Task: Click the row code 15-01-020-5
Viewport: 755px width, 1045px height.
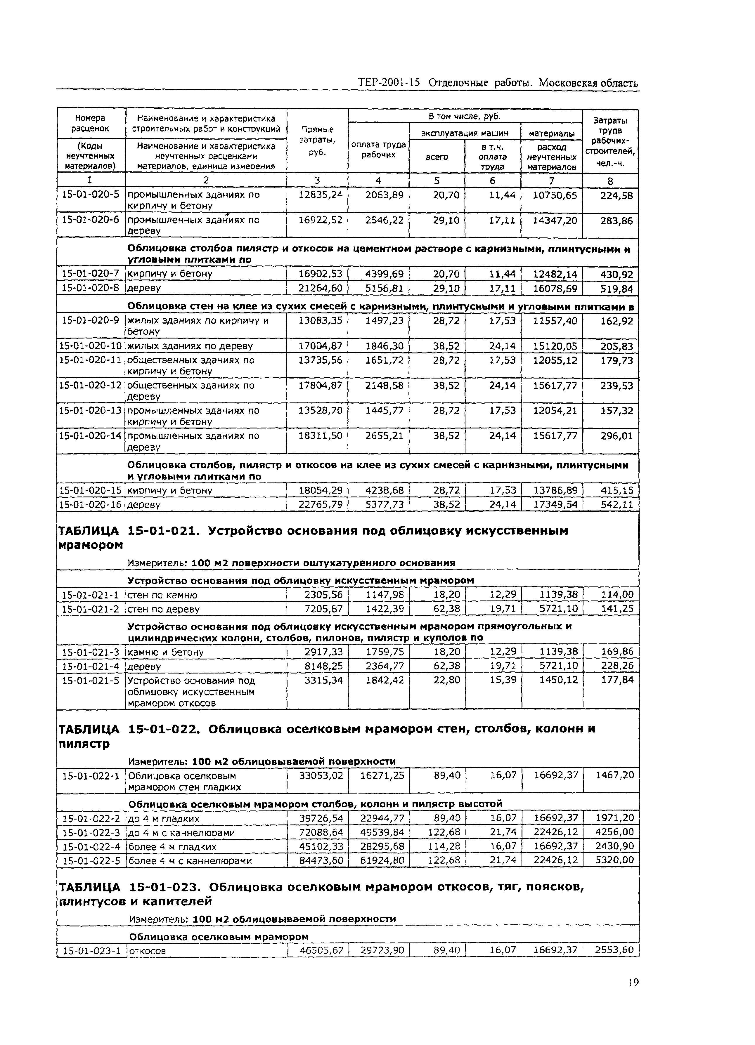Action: coord(90,195)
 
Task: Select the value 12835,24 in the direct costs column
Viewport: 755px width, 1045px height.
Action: coord(320,195)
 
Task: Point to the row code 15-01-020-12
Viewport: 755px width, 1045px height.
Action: coord(90,385)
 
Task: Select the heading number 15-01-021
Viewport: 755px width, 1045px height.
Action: coord(164,531)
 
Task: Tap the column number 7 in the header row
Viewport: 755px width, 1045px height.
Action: coord(551,180)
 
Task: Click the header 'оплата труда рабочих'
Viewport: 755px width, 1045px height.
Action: coord(378,150)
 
